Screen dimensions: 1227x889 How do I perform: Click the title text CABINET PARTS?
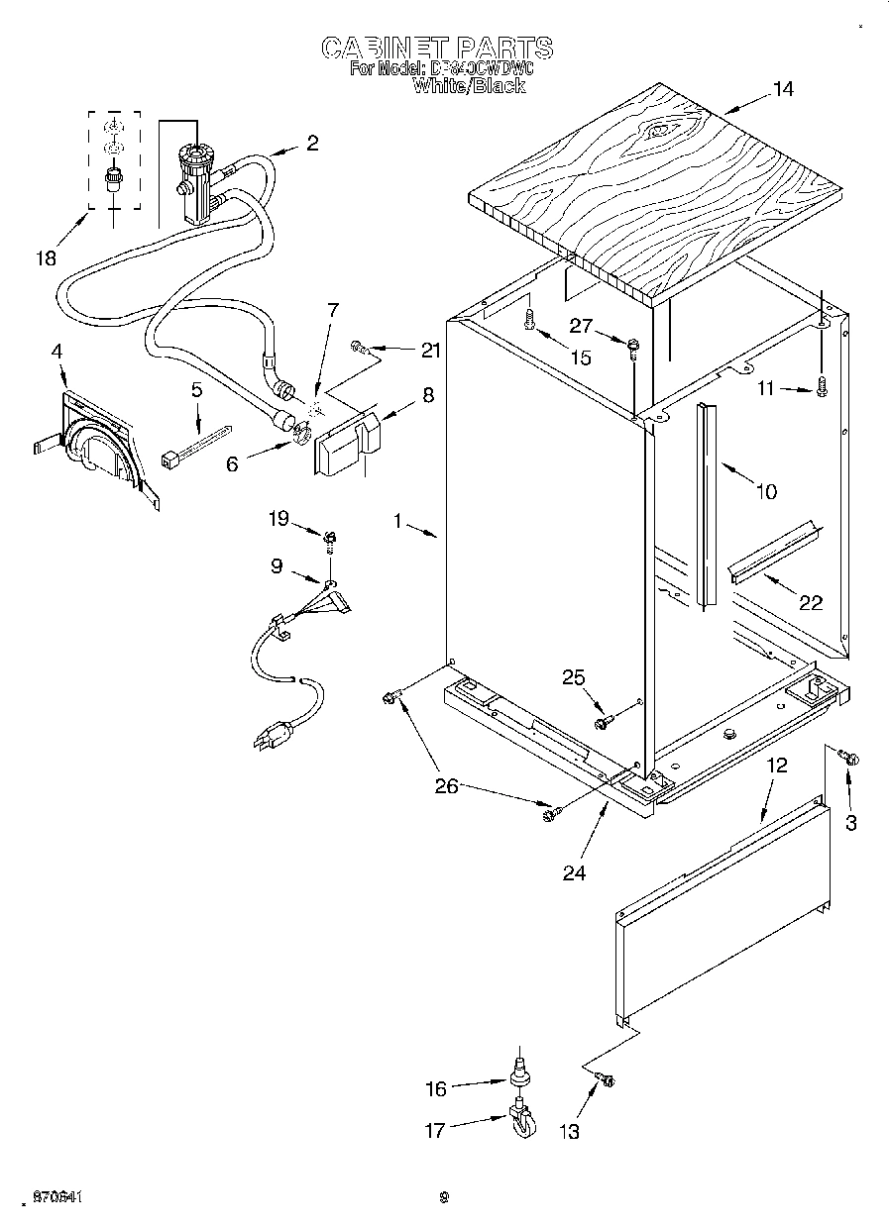437,48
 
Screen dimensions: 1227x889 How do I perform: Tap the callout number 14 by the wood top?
783,89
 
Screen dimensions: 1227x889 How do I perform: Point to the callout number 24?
574,872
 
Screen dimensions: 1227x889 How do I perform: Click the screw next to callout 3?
849,759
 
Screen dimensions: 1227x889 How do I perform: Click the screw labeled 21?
361,348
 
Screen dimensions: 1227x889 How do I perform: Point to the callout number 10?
766,489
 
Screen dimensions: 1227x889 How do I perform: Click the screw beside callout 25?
602,724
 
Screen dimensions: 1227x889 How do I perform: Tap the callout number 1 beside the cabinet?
398,519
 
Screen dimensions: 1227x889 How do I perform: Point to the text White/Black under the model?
469,86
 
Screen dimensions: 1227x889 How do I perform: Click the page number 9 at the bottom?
444,1197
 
